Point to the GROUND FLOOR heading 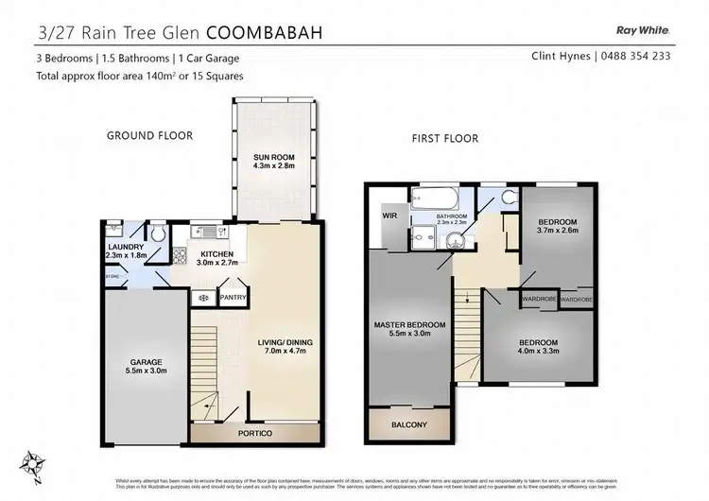[148, 136]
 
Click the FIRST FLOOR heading [444, 138]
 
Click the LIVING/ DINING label [283, 342]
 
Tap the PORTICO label [254, 433]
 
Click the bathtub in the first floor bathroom [435, 199]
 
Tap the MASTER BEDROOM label [408, 326]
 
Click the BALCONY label [408, 425]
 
